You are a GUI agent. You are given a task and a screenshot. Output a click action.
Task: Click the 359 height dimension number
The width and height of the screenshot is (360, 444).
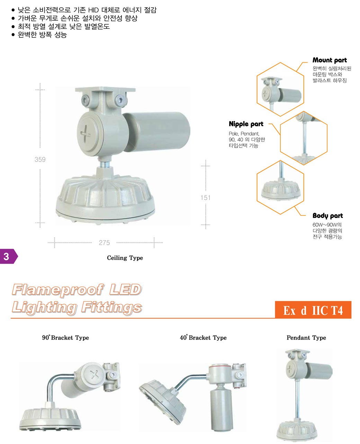(x=40, y=159)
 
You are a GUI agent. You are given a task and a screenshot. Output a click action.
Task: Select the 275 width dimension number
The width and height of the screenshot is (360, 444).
(x=104, y=243)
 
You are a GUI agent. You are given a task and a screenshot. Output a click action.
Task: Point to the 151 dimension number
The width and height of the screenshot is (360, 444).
(x=205, y=197)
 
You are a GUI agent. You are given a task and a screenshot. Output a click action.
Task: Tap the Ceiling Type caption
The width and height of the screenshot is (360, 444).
(x=125, y=258)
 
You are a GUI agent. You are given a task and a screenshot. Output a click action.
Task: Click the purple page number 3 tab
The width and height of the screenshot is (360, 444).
(x=8, y=256)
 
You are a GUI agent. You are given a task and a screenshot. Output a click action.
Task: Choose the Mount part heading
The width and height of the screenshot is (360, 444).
(x=329, y=60)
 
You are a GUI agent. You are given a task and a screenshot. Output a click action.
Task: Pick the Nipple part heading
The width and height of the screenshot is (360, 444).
(x=246, y=124)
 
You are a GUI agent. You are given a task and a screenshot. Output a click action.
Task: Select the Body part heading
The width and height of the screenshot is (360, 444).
(x=327, y=215)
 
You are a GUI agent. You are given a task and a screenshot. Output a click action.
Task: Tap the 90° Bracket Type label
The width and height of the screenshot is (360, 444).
(x=65, y=337)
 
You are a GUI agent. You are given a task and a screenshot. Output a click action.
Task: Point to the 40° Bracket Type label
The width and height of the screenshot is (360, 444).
(x=203, y=337)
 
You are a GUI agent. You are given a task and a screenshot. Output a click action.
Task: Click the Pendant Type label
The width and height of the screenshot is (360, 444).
(x=306, y=337)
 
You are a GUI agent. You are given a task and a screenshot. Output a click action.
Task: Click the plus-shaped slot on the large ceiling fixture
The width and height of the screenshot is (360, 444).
(x=85, y=133)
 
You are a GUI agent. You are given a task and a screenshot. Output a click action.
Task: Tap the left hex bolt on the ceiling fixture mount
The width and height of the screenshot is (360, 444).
(x=85, y=101)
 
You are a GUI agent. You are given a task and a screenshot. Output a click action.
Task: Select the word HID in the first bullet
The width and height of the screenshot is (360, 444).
(x=93, y=10)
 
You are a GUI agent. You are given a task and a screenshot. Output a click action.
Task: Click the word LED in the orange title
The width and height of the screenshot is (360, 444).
(x=125, y=289)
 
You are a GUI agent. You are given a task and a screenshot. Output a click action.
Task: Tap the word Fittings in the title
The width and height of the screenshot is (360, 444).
(x=112, y=307)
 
